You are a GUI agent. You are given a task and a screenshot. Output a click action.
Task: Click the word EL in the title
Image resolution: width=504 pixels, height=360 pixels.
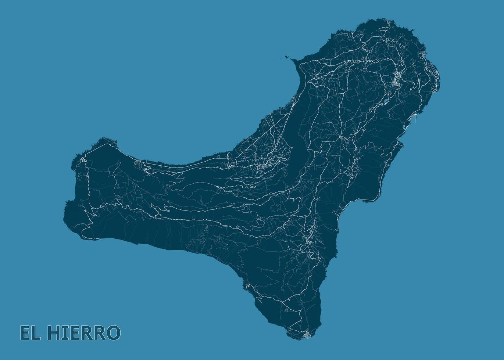click(30, 333)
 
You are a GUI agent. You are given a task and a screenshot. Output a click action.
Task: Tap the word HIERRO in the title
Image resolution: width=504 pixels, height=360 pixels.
click(84, 333)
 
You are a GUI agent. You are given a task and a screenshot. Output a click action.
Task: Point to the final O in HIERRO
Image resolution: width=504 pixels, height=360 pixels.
click(113, 333)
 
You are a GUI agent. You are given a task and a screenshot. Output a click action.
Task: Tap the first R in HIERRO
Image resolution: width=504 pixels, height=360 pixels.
click(86, 333)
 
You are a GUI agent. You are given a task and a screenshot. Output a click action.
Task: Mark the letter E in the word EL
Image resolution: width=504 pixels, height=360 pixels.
click(25, 333)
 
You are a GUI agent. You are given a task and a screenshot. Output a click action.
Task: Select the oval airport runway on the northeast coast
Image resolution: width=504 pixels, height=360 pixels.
click(434, 71)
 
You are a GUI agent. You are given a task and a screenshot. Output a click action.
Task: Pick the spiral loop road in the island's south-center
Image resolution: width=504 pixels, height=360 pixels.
click(260, 222)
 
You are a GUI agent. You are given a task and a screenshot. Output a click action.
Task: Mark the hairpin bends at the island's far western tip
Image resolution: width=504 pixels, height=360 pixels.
click(83, 160)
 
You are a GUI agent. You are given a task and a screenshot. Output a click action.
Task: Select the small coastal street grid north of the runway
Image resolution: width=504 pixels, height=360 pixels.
click(423, 54)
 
